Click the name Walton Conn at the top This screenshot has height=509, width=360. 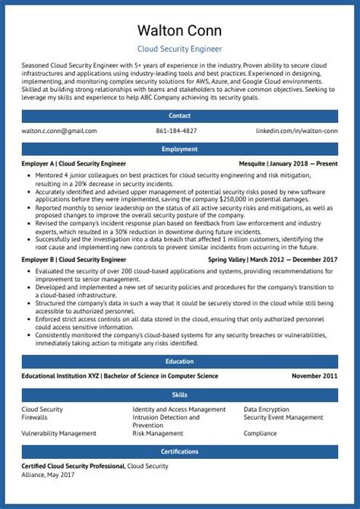point(180,30)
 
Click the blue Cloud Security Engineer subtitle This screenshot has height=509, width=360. point(180,49)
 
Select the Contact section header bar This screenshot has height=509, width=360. point(180,115)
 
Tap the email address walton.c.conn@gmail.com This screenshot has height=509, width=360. point(59,131)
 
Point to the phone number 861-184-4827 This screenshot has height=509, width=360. point(176,131)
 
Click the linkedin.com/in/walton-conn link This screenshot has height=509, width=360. point(296,131)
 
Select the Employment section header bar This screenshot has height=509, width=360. point(180,149)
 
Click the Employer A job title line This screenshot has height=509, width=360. point(74,163)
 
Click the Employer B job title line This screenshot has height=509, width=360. point(74,259)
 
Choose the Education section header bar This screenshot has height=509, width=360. point(180,362)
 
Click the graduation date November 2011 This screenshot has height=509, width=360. point(314,376)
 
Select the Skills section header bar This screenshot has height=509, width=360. point(180,395)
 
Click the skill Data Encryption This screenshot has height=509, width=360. point(266,409)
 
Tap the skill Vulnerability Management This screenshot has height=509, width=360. point(58,433)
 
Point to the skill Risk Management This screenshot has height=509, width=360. point(158,433)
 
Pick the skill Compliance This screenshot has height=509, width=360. point(260,433)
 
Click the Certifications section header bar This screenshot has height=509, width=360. point(180,451)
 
